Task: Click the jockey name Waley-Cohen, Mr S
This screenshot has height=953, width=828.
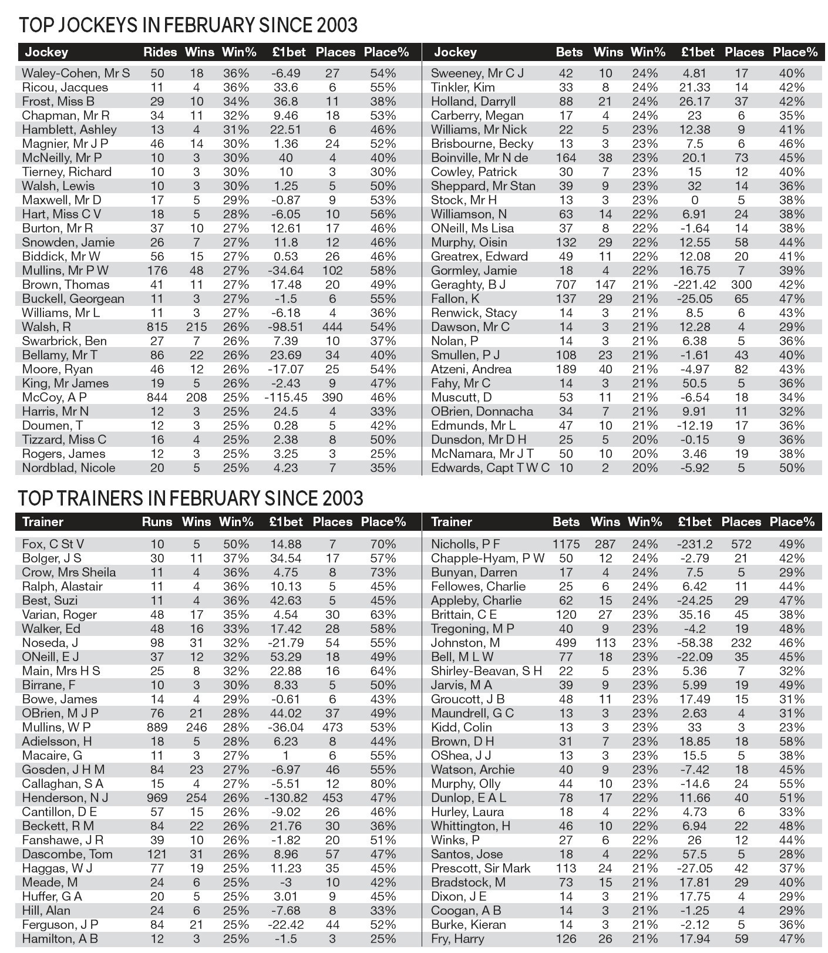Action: tap(76, 73)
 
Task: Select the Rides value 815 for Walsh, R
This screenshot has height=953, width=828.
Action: tap(157, 327)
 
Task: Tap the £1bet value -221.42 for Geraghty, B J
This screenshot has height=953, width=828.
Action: tap(695, 285)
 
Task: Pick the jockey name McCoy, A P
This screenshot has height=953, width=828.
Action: tap(55, 398)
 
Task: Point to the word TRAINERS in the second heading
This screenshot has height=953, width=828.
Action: tap(100, 499)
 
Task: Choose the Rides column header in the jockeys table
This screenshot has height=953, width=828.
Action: tap(160, 52)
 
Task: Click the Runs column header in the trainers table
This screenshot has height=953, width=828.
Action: tap(157, 522)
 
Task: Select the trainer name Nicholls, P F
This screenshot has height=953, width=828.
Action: tap(466, 544)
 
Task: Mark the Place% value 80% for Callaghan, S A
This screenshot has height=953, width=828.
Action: tap(383, 784)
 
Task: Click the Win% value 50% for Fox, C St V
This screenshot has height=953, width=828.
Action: tap(236, 544)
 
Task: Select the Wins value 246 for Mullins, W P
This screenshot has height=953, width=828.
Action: tap(196, 728)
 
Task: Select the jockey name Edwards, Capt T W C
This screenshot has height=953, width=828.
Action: tap(490, 468)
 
